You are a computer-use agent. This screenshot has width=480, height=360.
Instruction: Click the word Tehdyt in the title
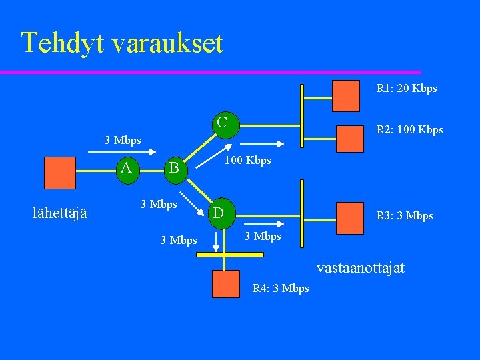64,43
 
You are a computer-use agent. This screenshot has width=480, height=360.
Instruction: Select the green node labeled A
127,167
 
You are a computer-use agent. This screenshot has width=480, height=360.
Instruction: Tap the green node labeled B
174,168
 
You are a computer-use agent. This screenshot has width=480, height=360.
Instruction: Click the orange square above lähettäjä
60,173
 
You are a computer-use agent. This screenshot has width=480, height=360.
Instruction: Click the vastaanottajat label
360,268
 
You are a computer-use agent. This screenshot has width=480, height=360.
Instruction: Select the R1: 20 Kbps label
407,88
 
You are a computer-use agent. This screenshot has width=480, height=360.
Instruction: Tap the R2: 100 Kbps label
409,129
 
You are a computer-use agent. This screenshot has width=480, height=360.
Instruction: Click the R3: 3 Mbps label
405,215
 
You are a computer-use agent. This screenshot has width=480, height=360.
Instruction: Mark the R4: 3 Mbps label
281,288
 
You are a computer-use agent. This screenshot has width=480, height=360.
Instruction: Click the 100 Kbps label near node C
247,161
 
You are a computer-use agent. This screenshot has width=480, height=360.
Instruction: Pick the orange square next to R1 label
345,95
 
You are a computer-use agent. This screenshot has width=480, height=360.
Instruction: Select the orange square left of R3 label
350,215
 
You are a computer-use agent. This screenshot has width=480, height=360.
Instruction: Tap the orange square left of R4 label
225,283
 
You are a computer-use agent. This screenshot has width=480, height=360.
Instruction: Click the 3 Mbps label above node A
123,140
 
